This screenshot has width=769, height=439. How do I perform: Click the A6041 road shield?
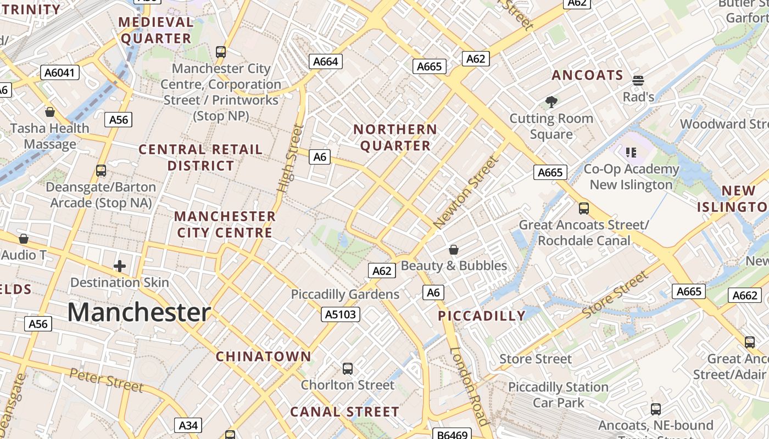point(60,72)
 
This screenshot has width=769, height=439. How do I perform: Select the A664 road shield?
point(325,61)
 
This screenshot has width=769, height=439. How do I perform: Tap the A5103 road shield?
point(341,314)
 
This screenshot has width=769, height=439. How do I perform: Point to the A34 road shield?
point(188,425)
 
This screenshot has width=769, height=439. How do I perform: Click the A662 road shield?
point(745,296)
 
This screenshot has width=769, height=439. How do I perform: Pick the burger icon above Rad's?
point(638,81)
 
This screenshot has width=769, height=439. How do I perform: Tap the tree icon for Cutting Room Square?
point(551,102)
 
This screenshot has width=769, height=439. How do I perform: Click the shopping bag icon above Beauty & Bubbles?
point(454,250)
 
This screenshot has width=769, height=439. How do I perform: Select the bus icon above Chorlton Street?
point(347,368)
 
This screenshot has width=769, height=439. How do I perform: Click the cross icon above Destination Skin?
point(119,267)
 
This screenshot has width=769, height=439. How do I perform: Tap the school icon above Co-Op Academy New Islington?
point(631,153)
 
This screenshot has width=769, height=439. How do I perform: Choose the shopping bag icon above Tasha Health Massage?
point(50,112)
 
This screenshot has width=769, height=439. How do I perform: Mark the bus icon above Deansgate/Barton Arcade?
point(101,171)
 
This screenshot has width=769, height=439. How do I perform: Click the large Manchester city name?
point(139,312)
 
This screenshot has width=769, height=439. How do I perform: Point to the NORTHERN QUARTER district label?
point(395,138)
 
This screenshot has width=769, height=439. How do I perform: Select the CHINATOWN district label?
point(264,357)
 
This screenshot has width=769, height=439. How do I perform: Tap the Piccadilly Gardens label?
point(345,295)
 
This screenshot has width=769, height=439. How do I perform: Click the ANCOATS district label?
point(587,76)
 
